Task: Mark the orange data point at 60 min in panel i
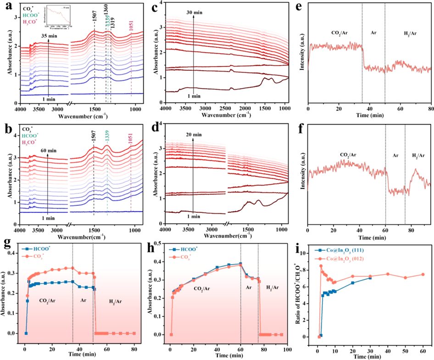(x=423, y=274)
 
